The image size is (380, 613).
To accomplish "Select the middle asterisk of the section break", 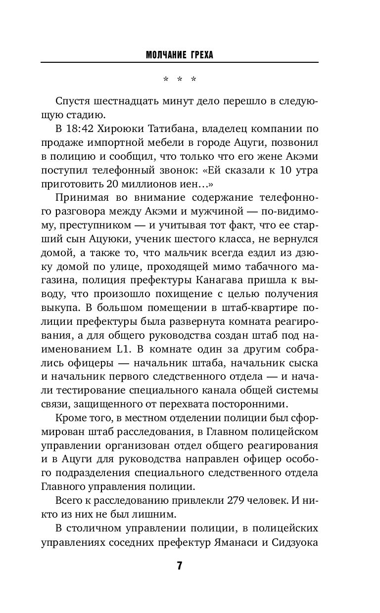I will coord(180,79).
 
